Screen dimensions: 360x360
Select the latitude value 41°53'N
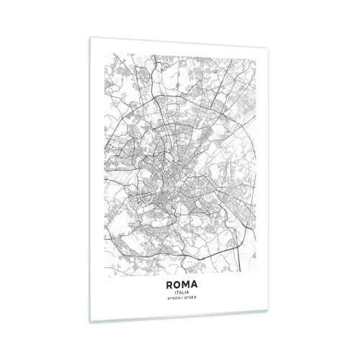point(170,299)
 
